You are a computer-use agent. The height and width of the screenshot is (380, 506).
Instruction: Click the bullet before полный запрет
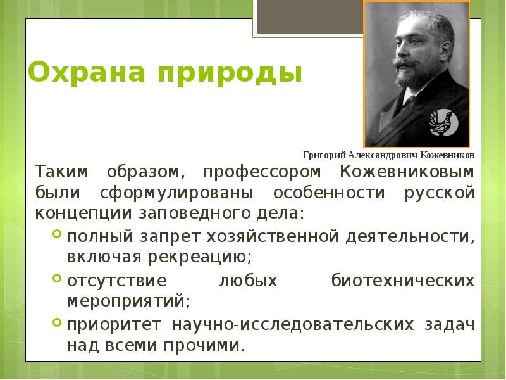(x=57, y=236)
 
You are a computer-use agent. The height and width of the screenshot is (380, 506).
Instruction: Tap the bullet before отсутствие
(x=57, y=279)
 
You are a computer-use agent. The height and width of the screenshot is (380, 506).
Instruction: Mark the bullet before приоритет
(x=57, y=324)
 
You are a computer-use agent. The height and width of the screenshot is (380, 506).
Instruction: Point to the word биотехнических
(x=403, y=279)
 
